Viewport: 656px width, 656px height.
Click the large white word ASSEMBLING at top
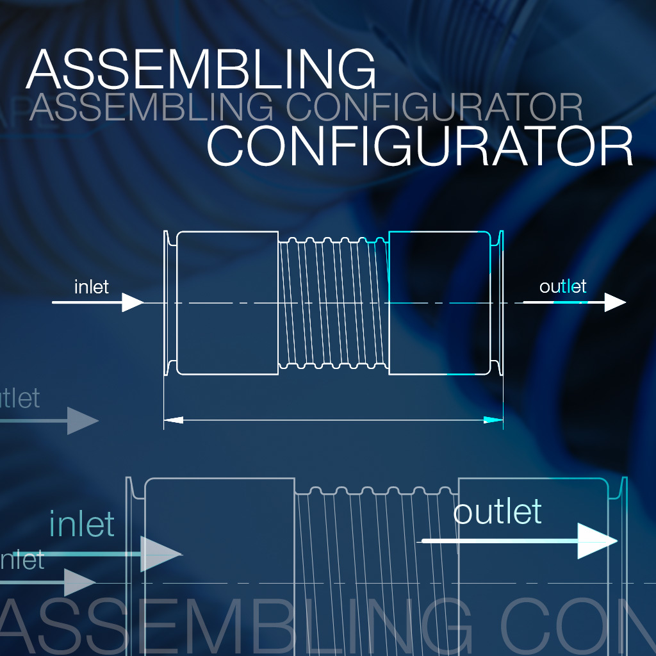201,69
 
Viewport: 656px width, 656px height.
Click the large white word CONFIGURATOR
420,147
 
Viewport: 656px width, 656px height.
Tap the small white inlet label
92,286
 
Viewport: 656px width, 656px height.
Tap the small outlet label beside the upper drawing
562,286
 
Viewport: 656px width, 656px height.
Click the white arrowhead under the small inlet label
133,302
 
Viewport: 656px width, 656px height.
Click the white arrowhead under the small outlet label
614,302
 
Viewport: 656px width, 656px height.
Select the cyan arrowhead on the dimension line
493,420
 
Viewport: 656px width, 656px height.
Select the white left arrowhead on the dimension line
174,420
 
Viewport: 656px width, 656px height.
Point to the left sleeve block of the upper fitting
227,302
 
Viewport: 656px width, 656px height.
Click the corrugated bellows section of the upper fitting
333,302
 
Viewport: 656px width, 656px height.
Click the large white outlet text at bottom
497,512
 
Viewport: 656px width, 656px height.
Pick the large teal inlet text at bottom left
82,524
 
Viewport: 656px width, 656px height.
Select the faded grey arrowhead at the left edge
83,421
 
